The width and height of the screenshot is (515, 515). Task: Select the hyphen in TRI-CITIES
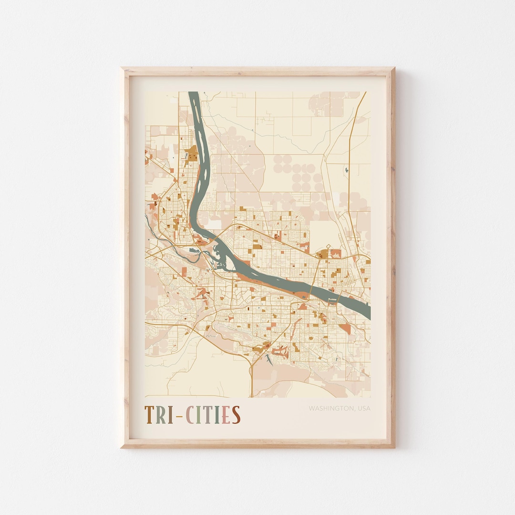point(179,416)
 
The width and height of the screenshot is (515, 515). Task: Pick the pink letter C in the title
point(190,415)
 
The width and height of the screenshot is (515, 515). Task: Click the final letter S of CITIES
point(236,415)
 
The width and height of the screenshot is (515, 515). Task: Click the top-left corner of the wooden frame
point(122,69)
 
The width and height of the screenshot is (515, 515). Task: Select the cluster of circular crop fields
point(300,174)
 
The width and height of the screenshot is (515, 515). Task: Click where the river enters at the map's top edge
point(193,93)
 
